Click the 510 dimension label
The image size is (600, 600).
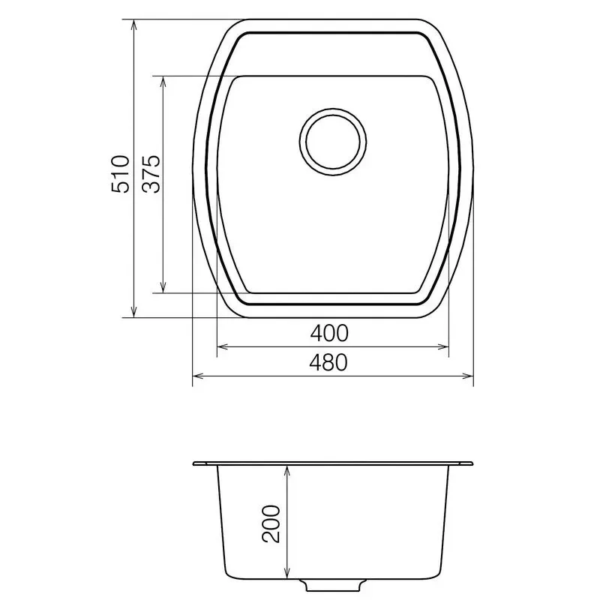click(x=121, y=174)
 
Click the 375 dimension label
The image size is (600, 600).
click(x=152, y=174)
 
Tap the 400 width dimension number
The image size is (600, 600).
click(x=331, y=331)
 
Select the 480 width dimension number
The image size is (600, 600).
click(x=331, y=363)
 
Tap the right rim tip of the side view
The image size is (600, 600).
click(x=472, y=463)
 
